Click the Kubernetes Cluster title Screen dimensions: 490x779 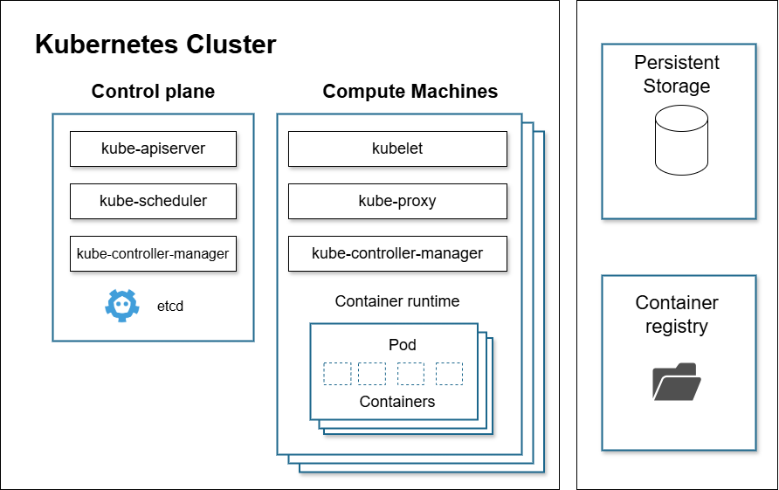(x=155, y=45)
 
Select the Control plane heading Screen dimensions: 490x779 (x=153, y=92)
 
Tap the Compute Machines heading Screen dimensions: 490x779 (x=410, y=92)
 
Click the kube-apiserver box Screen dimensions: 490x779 (x=153, y=148)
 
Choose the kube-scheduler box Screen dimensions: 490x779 (x=153, y=201)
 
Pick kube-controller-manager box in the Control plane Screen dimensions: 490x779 (x=153, y=253)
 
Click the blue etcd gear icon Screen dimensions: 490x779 (x=121, y=306)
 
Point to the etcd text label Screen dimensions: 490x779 (x=170, y=307)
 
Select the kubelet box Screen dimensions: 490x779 (x=397, y=148)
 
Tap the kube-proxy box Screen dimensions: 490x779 (x=397, y=201)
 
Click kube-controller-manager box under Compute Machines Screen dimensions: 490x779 (x=397, y=253)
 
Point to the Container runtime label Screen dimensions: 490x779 (x=397, y=301)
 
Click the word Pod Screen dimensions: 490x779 (x=403, y=345)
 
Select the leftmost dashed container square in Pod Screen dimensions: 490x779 (x=337, y=374)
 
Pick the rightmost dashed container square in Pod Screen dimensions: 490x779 (x=449, y=374)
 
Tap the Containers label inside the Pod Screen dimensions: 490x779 (x=397, y=402)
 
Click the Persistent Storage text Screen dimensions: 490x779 (x=677, y=74)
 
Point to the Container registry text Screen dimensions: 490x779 (x=677, y=314)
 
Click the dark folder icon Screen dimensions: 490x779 (x=677, y=382)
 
